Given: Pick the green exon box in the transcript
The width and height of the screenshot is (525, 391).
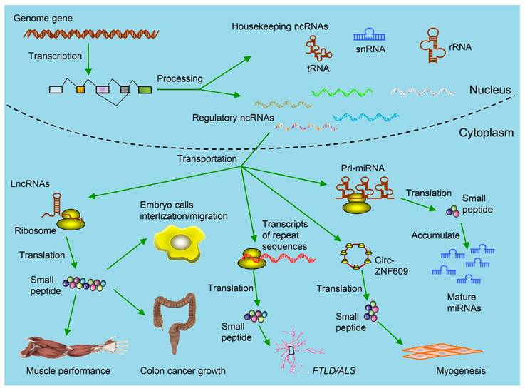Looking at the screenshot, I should coord(145,89).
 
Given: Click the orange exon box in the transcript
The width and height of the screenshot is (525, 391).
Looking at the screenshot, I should coord(80,89).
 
